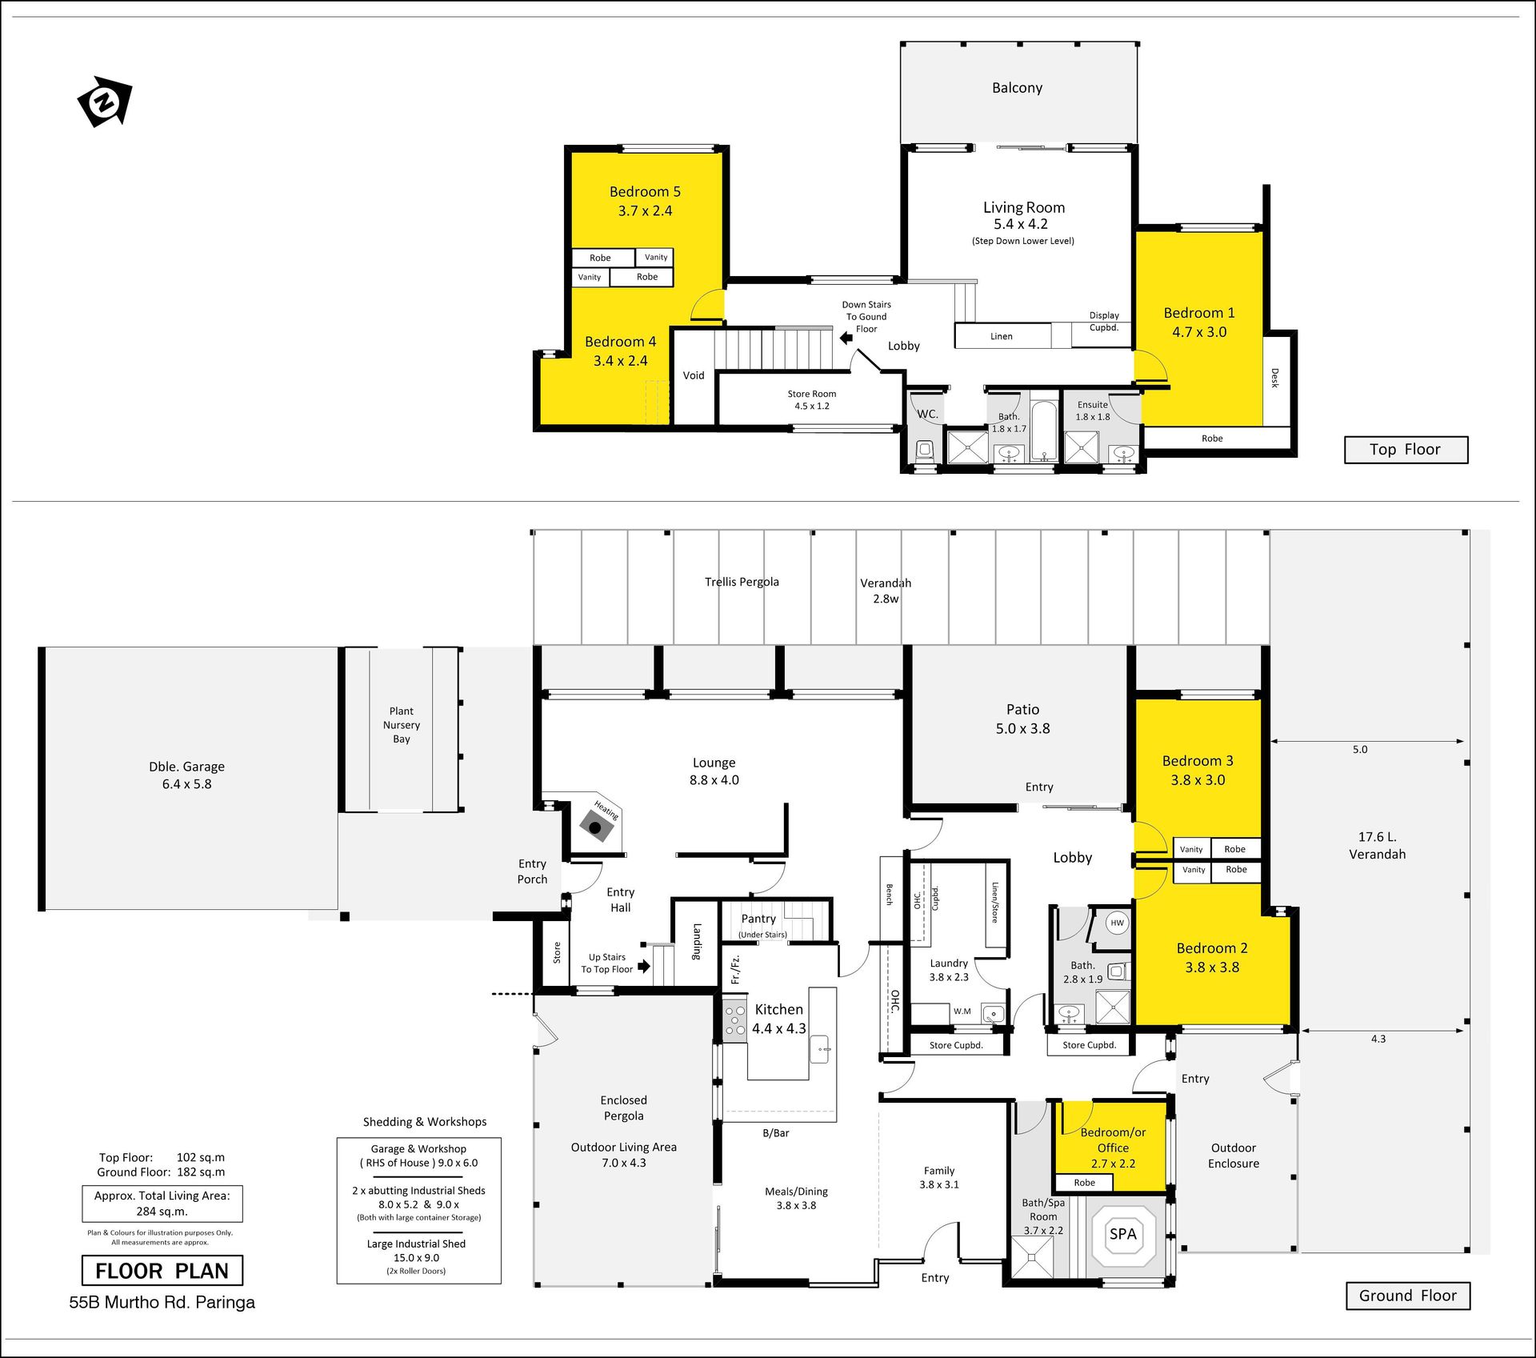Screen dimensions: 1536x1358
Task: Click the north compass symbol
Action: [104, 102]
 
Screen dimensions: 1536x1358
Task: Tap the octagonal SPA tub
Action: [1123, 1233]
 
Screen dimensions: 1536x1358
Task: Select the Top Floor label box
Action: [1406, 450]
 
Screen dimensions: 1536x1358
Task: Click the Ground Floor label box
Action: [1408, 1296]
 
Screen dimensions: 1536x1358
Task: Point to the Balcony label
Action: [1017, 88]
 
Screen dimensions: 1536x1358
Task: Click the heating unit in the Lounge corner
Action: [596, 827]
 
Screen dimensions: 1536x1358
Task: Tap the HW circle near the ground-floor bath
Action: [1117, 923]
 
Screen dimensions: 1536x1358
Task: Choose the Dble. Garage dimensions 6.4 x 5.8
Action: [186, 784]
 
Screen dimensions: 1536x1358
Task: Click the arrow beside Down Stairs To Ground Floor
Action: [846, 338]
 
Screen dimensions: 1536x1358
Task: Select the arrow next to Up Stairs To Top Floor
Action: [644, 965]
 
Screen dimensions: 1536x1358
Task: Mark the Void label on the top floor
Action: [694, 375]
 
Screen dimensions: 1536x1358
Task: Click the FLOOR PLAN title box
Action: [162, 1271]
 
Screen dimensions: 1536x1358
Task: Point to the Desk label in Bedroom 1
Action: [1275, 378]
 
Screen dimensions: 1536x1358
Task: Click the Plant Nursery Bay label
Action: [402, 725]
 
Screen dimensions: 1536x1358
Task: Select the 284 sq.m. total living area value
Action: [162, 1212]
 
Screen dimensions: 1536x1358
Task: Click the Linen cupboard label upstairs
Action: [1002, 337]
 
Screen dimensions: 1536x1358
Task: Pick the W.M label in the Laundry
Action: [962, 1011]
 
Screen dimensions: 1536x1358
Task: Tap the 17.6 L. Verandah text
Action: [1377, 845]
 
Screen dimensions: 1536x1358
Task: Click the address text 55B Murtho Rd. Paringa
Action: [162, 1303]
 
